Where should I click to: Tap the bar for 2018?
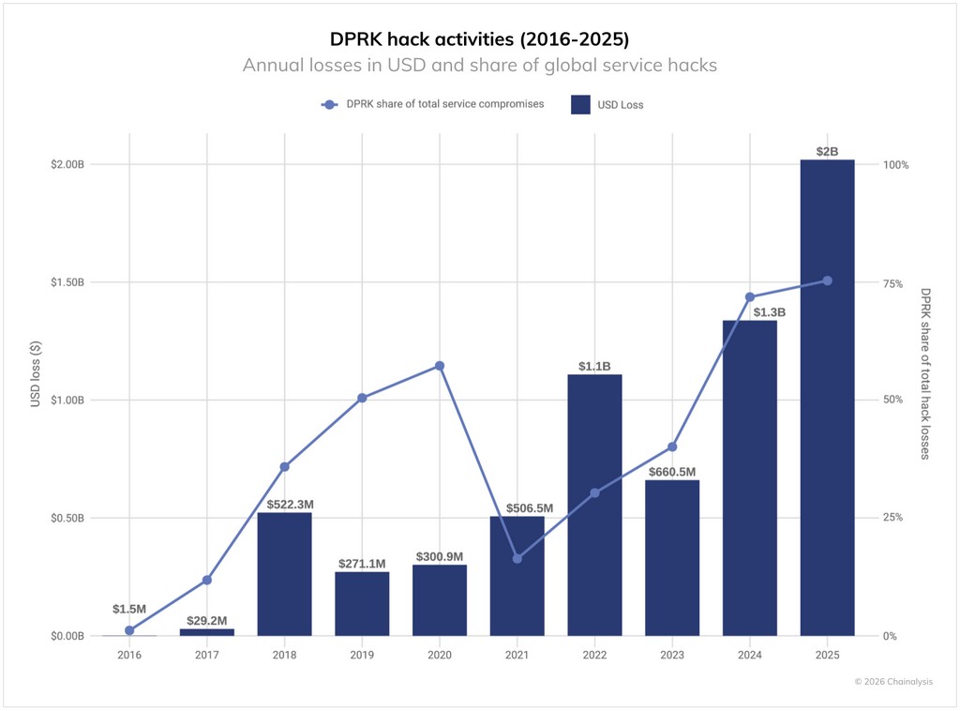click(284, 573)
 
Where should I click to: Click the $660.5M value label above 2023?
click(672, 472)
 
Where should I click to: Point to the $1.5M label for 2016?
click(129, 609)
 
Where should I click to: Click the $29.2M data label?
click(207, 620)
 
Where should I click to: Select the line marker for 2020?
click(440, 366)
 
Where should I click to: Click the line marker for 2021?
click(517, 558)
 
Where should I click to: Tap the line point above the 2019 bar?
click(362, 398)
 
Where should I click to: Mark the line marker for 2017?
click(207, 580)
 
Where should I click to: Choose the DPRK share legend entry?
click(432, 104)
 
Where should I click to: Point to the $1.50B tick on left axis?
click(67, 282)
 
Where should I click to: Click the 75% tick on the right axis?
click(892, 282)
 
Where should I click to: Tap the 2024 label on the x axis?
click(749, 655)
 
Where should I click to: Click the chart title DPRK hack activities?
click(479, 39)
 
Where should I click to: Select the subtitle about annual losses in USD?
click(479, 66)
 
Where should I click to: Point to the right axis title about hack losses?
click(924, 373)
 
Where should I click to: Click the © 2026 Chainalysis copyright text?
click(892, 682)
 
